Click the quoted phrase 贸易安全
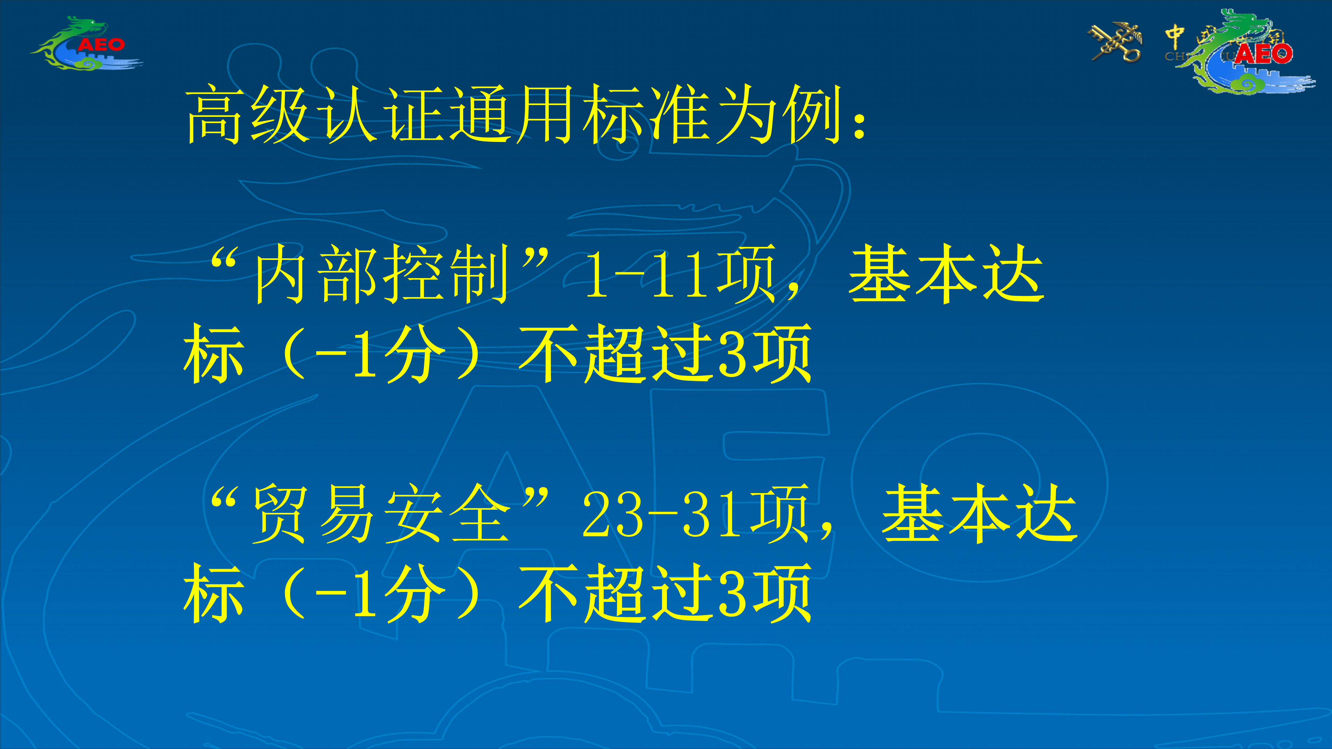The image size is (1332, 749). tap(382, 513)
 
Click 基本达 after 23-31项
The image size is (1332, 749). tap(979, 513)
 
